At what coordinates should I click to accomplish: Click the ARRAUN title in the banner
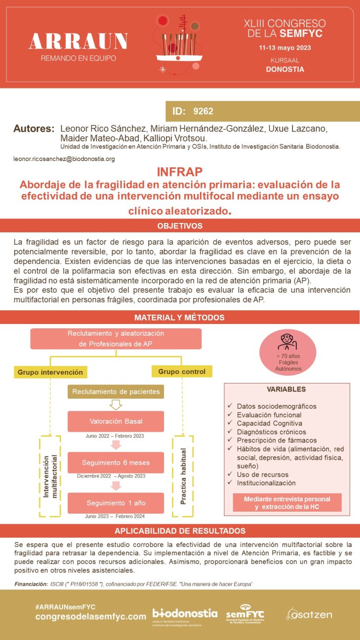pyautogui.click(x=79, y=42)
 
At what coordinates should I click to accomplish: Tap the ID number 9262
pyautogui.click(x=203, y=111)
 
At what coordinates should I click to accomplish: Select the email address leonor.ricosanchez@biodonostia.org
pyautogui.click(x=64, y=159)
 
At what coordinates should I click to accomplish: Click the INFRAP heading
pyautogui.click(x=180, y=172)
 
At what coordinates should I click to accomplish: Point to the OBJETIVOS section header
pyautogui.click(x=180, y=226)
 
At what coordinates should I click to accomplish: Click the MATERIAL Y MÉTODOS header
pyautogui.click(x=180, y=318)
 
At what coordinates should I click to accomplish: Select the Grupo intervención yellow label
pyautogui.click(x=50, y=372)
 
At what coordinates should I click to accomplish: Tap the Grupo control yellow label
pyautogui.click(x=182, y=371)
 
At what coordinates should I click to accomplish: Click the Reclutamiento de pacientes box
pyautogui.click(x=116, y=392)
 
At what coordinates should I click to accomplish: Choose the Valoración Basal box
pyautogui.click(x=116, y=421)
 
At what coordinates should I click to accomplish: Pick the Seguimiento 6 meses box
pyautogui.click(x=116, y=463)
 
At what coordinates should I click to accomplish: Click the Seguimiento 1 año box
pyautogui.click(x=116, y=503)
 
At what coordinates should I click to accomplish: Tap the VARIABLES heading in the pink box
pyautogui.click(x=286, y=389)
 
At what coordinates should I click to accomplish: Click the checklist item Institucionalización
pyautogui.click(x=266, y=483)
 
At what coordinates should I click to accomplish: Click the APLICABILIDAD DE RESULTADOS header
pyautogui.click(x=180, y=531)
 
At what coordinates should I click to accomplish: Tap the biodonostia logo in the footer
pyautogui.click(x=185, y=614)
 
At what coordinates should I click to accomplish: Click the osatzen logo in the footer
pyautogui.click(x=309, y=614)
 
